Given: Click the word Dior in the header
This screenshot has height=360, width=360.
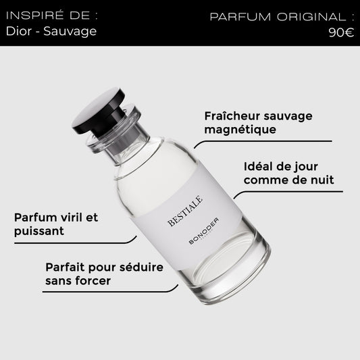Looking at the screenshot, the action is tap(19, 31).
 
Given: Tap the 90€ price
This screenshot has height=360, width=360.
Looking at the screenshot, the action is tap(341, 32).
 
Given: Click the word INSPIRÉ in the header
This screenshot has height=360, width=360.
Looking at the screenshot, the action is tap(34, 16).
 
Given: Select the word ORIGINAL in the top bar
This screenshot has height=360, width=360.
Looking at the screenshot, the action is tap(311, 17).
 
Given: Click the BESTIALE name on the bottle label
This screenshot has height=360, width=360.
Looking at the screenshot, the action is tap(185, 211).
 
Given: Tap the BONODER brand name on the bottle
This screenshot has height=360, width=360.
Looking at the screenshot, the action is tap(204, 231).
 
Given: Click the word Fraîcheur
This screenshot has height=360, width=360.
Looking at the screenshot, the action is tap(232, 116).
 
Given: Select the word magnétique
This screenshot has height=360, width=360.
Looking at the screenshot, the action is tap(240, 130).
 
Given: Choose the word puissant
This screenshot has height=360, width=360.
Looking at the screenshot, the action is tap(39, 231).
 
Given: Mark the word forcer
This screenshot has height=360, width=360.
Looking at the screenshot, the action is tap(93, 281).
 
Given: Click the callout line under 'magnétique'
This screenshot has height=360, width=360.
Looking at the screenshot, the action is tap(263, 141).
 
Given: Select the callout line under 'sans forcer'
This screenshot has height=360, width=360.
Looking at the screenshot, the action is tap(110, 292).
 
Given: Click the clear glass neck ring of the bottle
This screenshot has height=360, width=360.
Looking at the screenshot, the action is tap(113, 128).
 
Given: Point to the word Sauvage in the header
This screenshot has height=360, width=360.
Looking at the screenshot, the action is tap(70, 32).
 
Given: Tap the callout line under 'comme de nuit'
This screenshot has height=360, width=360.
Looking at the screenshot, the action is tap(288, 192).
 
